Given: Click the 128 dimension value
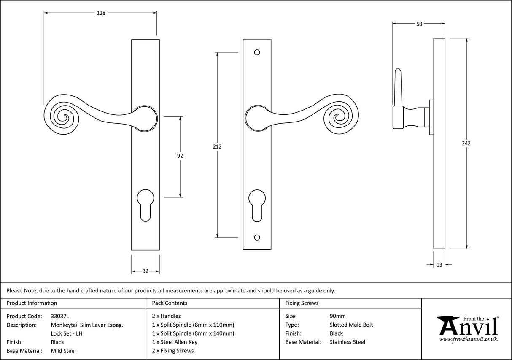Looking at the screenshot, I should (101, 13).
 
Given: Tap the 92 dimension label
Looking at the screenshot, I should (180, 156).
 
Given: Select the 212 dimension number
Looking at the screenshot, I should (217, 147).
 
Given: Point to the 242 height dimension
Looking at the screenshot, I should (466, 143).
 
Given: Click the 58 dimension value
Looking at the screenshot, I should (419, 24).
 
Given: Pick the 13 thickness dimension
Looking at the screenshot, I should (439, 265).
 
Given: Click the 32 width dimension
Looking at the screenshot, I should (145, 271).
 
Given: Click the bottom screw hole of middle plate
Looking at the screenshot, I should (257, 238).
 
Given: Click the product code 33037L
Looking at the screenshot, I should (60, 316).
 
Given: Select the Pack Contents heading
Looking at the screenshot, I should (169, 303).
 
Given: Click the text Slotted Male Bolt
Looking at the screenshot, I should (351, 325).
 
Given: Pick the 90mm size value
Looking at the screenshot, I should (337, 316).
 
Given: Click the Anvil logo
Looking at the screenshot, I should (467, 329).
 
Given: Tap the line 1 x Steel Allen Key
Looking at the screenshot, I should (175, 342).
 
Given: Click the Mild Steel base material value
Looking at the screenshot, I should (63, 351).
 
